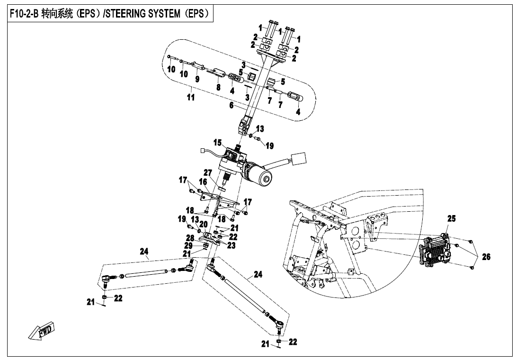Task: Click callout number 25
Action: pos(451,219)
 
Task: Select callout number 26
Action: pos(486,257)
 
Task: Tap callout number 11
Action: pos(191,98)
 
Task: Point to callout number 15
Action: pos(217,143)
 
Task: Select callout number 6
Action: pos(231,106)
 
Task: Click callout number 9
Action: pos(197,79)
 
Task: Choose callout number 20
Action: pos(204,224)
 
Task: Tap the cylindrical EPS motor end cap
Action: pos(266,180)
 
